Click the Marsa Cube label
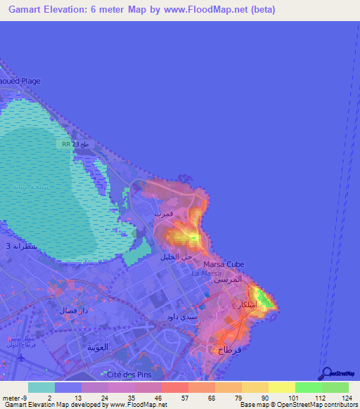point(224,264)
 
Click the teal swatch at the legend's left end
point(41,387)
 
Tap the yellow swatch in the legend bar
point(281,387)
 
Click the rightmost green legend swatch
point(335,387)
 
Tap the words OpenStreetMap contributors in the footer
point(316,405)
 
